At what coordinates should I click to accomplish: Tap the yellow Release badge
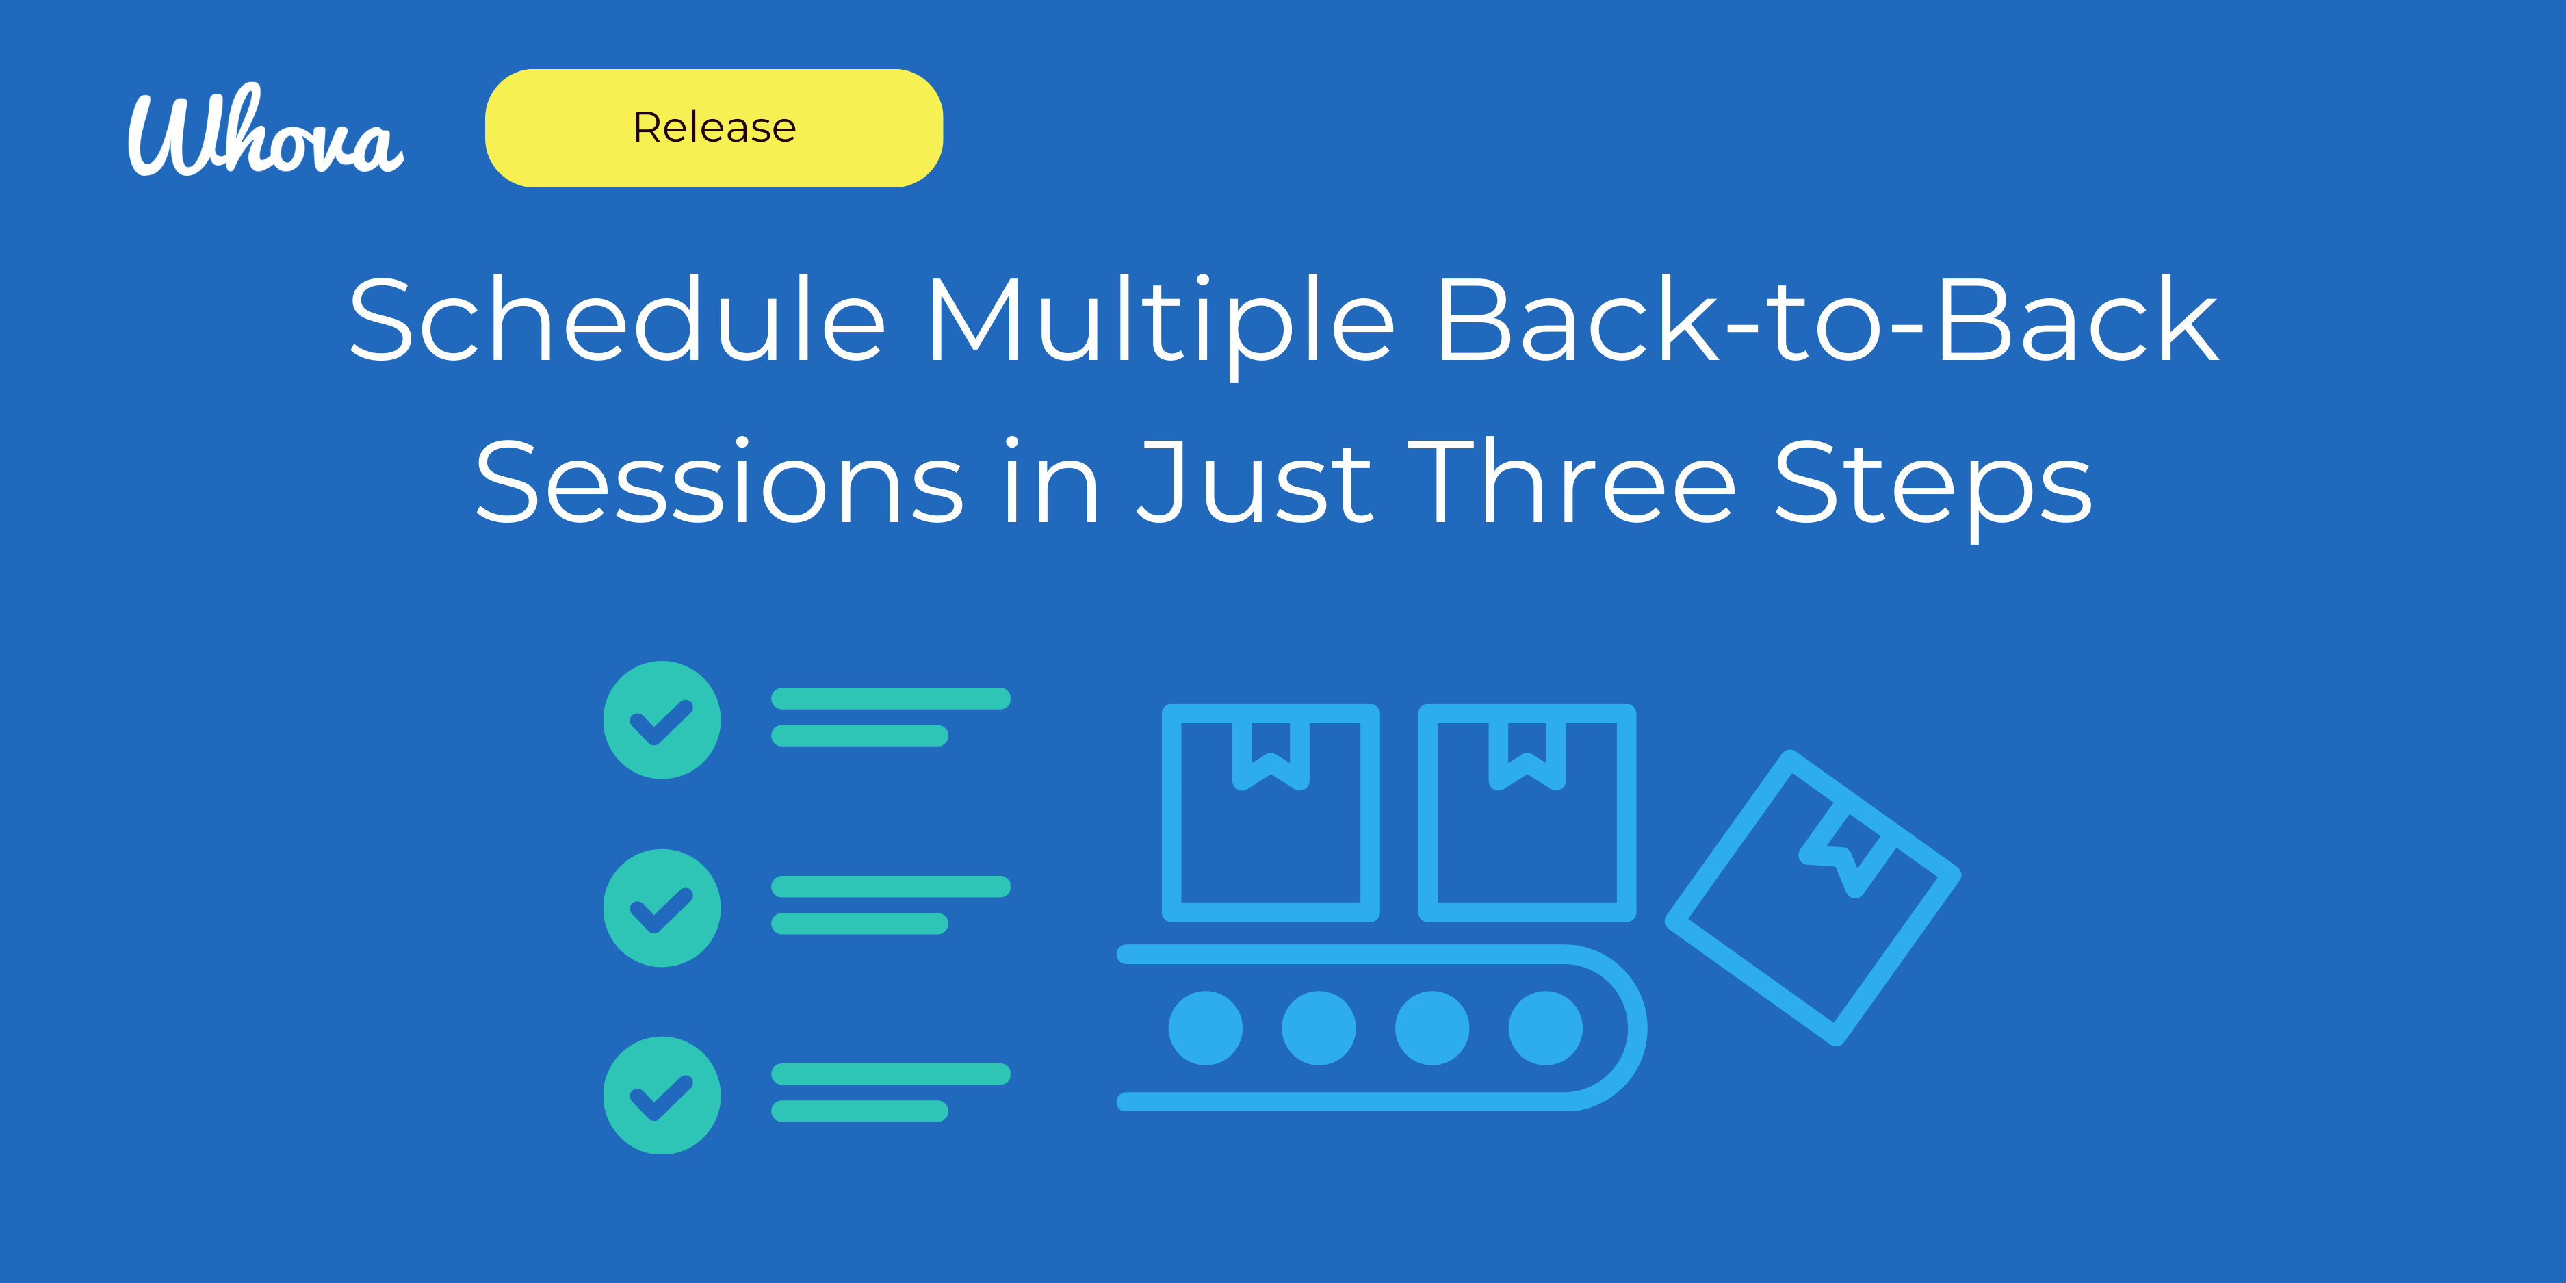coord(713,127)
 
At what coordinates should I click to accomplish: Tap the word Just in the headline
coord(1255,483)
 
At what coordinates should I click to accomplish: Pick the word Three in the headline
coord(1571,483)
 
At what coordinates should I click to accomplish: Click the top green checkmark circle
coord(662,719)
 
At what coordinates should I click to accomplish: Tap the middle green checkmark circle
coord(662,907)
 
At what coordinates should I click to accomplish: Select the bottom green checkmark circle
coord(662,1095)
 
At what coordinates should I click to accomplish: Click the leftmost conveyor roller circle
coord(1205,1028)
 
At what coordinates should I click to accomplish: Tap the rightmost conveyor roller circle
coord(1545,1028)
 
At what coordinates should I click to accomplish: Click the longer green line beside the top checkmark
coord(890,698)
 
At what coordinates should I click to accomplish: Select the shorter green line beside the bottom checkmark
coord(859,1111)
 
